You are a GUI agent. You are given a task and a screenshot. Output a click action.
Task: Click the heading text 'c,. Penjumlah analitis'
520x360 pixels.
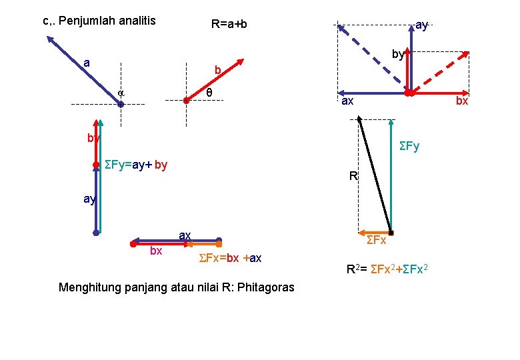click(x=99, y=21)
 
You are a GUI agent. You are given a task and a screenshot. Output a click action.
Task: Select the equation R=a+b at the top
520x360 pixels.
click(x=229, y=25)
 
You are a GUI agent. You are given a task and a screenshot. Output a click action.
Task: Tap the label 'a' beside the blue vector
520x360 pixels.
click(x=87, y=63)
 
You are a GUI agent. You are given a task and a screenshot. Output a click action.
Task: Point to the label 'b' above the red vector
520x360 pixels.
click(x=217, y=70)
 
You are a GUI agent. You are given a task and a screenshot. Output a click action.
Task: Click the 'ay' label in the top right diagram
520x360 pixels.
click(x=421, y=25)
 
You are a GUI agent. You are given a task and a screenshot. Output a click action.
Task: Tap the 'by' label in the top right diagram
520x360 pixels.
click(x=398, y=55)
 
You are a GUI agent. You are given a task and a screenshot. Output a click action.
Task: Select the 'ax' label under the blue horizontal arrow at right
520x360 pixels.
click(x=347, y=101)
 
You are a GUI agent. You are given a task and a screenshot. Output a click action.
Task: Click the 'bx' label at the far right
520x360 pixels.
click(x=462, y=101)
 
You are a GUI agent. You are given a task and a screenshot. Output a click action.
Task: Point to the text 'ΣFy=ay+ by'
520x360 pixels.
click(x=136, y=165)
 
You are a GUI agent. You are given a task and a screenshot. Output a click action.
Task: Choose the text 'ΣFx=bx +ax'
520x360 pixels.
click(x=231, y=258)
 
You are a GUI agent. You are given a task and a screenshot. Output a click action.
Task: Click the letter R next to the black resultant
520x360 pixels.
click(x=354, y=177)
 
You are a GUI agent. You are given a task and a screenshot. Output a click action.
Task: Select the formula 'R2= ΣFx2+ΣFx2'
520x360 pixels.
click(x=387, y=270)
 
